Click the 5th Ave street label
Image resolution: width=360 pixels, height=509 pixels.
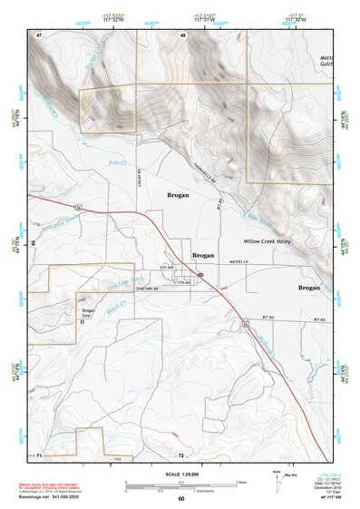coord(165,268)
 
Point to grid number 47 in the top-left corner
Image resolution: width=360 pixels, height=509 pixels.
coord(39,34)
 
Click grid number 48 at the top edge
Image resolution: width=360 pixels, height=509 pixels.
coord(182,35)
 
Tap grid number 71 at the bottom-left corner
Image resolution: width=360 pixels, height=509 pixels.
coord(39,454)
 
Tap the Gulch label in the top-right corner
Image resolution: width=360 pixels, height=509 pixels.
coord(328,66)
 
